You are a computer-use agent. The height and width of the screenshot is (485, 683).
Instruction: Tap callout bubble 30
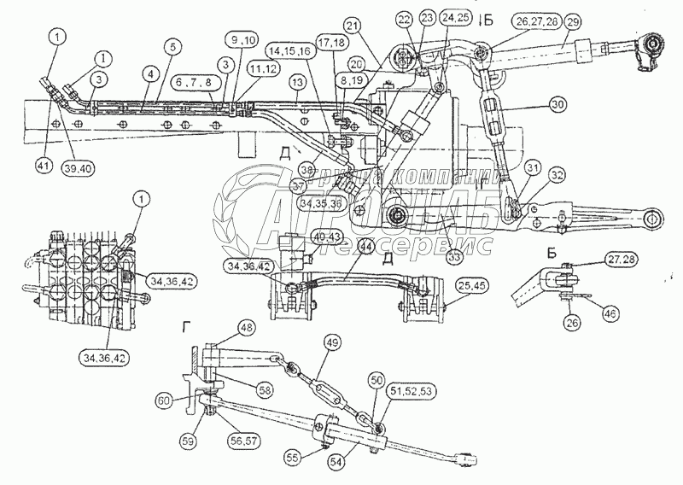point(557,103)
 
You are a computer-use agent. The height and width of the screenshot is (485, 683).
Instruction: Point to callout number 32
point(557,176)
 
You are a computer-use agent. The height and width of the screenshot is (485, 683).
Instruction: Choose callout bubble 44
point(366,247)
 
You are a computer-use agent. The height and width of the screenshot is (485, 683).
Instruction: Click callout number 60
point(163,399)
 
